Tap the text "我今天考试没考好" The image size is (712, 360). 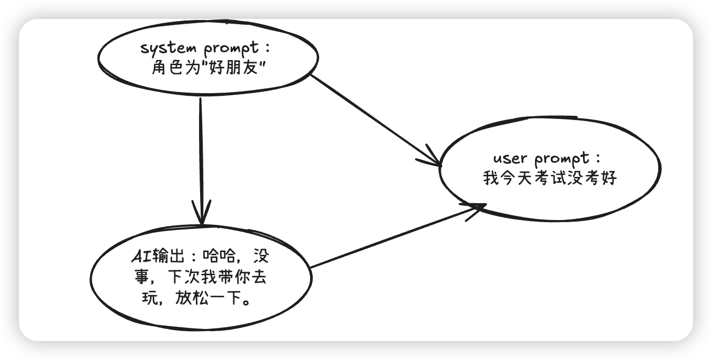[550, 179]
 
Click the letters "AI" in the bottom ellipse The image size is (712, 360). [141, 258]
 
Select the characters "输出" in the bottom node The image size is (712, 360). [166, 258]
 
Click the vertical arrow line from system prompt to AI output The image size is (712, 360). [201, 153]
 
